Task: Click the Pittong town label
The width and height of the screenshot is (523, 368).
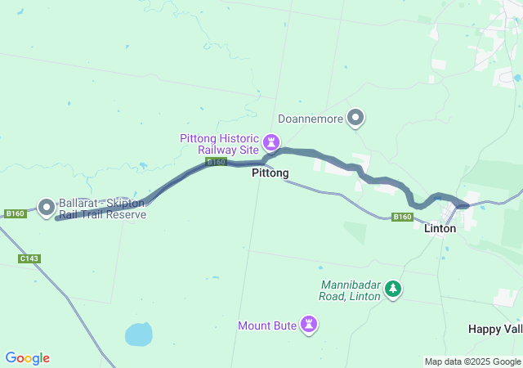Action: tap(270, 173)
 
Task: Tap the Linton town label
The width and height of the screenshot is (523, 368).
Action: tap(440, 228)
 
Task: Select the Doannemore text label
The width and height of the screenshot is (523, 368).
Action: tap(310, 119)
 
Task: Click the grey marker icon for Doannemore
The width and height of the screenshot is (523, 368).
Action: tap(355, 119)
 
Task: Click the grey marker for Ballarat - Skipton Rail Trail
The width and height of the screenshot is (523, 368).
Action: tap(46, 206)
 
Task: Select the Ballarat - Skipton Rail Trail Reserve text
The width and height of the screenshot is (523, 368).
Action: tap(102, 209)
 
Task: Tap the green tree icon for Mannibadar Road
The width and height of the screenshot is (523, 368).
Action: tap(393, 289)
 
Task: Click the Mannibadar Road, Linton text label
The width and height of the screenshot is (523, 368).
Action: tap(350, 290)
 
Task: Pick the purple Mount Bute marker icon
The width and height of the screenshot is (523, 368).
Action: tap(309, 325)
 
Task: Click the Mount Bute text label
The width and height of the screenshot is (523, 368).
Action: tap(267, 325)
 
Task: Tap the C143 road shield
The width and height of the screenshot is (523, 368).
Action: tap(29, 258)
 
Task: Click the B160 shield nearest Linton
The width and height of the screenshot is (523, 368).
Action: tap(401, 217)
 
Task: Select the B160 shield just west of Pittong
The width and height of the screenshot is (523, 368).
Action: tap(216, 163)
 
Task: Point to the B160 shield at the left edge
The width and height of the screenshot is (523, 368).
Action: tap(15, 213)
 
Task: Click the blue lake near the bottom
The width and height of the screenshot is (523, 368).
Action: tap(138, 334)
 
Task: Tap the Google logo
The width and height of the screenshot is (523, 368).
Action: tap(27, 358)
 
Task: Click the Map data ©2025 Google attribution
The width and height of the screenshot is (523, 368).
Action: tap(472, 361)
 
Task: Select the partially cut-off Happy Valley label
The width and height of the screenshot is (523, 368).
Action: tap(495, 328)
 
